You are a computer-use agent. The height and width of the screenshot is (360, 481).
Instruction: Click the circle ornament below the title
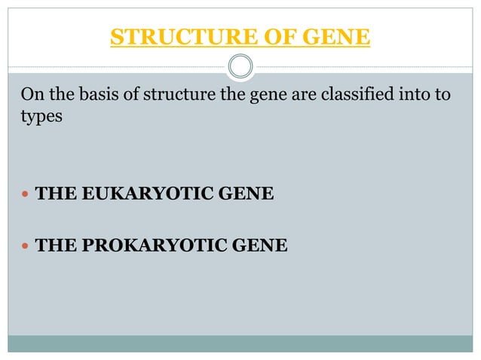click(240, 66)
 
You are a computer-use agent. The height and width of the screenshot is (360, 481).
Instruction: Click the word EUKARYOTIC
click(136, 196)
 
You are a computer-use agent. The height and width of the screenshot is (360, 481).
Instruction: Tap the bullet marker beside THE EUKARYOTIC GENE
click(26, 196)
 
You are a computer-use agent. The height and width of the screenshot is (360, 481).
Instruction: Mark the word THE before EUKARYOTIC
click(55, 196)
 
